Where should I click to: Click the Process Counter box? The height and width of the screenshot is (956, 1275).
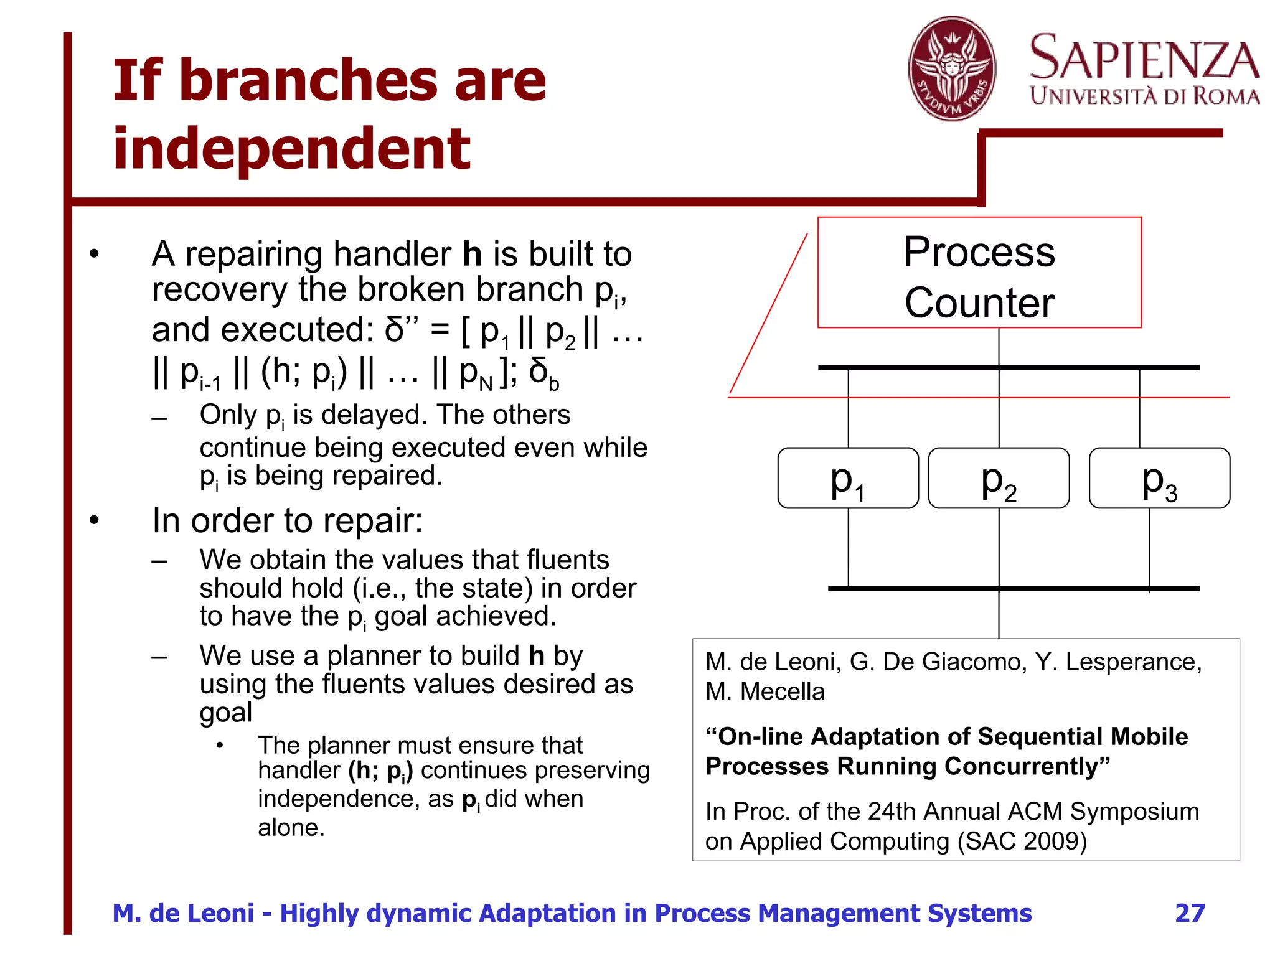(x=979, y=273)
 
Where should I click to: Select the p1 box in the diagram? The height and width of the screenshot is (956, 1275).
(x=848, y=478)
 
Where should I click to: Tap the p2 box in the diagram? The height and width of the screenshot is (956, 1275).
(x=999, y=478)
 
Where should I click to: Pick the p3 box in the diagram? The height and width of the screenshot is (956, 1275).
(x=1159, y=478)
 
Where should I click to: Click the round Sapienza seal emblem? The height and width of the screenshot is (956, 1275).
(x=951, y=68)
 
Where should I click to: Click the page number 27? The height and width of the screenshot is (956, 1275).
(x=1190, y=913)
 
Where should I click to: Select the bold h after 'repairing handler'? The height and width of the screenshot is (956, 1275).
(x=472, y=254)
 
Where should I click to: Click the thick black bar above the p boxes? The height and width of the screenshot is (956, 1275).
(x=1009, y=367)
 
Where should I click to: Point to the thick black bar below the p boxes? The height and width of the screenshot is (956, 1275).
(x=1014, y=588)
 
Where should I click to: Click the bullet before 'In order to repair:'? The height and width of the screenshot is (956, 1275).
(x=94, y=520)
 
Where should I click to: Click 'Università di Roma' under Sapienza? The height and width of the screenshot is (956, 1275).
(x=1144, y=96)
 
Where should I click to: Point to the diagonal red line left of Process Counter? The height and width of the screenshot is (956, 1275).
(x=768, y=314)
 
